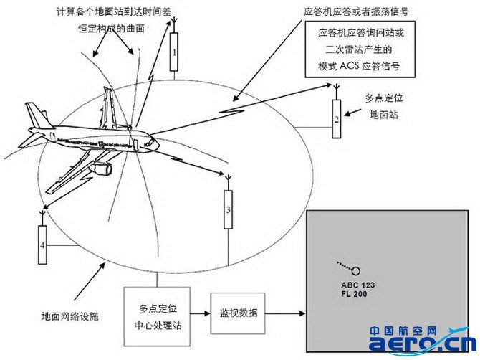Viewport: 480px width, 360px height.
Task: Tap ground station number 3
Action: coord(228,209)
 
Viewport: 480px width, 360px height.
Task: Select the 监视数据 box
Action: coord(237,313)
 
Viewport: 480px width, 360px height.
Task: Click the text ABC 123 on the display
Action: coord(357,285)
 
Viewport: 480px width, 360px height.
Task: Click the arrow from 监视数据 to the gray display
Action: coord(285,313)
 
